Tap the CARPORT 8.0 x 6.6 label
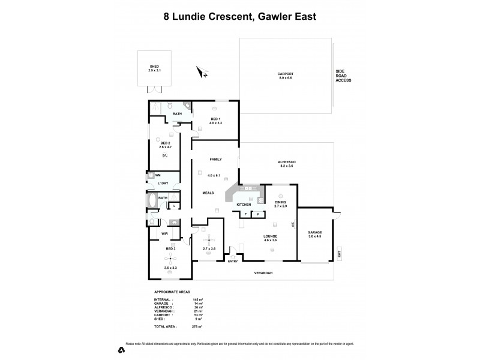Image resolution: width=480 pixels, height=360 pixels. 285,76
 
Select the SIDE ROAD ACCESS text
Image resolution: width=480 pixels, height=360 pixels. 343,76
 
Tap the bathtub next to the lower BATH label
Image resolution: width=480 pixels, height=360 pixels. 152,200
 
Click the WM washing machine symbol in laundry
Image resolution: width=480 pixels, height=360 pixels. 152,175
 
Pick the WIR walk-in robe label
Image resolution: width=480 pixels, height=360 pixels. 164,233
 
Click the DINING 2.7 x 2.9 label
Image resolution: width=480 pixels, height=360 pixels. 281,204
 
